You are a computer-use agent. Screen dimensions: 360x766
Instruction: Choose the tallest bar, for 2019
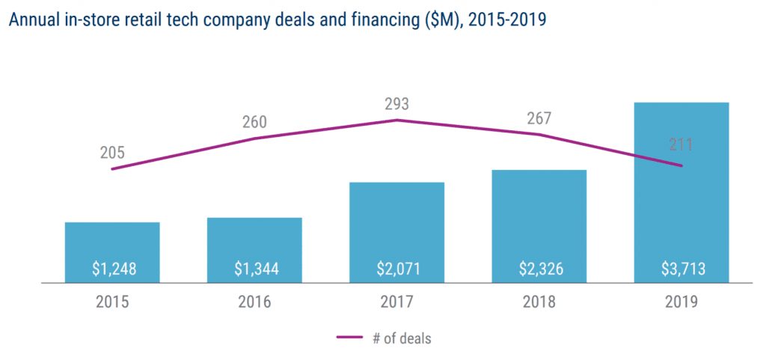(x=681, y=187)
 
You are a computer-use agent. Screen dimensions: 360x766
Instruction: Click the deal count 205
(x=112, y=154)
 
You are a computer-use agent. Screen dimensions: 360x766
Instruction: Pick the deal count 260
(x=254, y=122)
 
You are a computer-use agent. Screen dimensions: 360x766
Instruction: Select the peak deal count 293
(x=396, y=104)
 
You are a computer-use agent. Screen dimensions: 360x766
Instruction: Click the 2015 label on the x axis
(x=112, y=302)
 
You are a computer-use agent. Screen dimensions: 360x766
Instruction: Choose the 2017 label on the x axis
(x=396, y=302)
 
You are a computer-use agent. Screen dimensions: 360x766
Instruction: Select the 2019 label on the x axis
(x=681, y=302)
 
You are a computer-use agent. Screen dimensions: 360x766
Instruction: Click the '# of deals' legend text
(x=402, y=338)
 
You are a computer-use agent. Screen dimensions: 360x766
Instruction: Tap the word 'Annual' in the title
(x=31, y=20)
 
